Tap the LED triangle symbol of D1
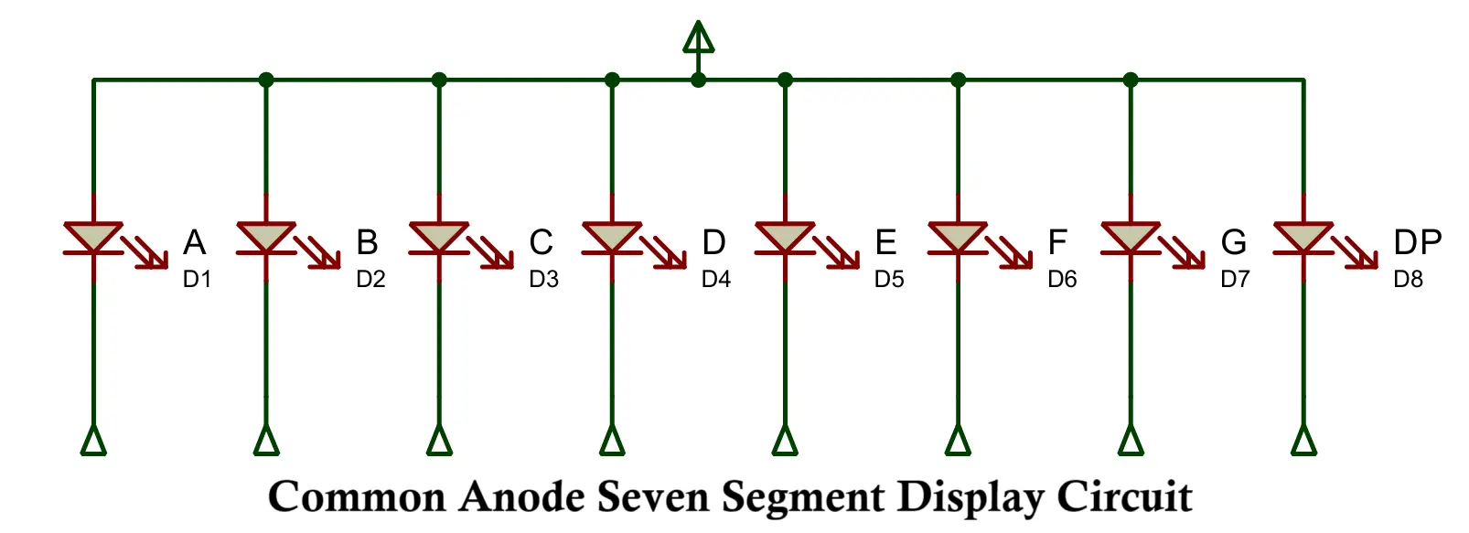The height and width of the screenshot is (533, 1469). point(92,237)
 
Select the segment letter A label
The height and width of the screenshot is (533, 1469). point(194,242)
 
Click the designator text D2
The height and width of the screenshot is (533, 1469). point(370,279)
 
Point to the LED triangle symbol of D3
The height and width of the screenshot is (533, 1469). point(438,237)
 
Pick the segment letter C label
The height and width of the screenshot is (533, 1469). point(541,242)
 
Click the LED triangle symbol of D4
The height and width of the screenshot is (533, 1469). point(612,237)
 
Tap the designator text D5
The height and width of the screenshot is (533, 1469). point(889,279)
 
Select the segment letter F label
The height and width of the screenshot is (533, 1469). point(1057,242)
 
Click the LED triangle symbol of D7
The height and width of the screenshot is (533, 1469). point(1131,237)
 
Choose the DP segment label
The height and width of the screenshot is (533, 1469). point(1417,242)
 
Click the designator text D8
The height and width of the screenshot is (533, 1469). point(1408,279)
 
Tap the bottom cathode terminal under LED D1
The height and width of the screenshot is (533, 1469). point(93,440)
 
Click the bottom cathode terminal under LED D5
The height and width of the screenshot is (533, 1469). point(785,440)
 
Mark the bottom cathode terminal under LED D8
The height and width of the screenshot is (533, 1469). point(1303,440)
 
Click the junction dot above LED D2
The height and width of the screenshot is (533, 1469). point(266,80)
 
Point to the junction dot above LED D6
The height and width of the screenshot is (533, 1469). point(958,80)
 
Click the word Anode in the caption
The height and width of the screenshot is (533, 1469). point(521,497)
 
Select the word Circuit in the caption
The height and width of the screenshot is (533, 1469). point(1124,497)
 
